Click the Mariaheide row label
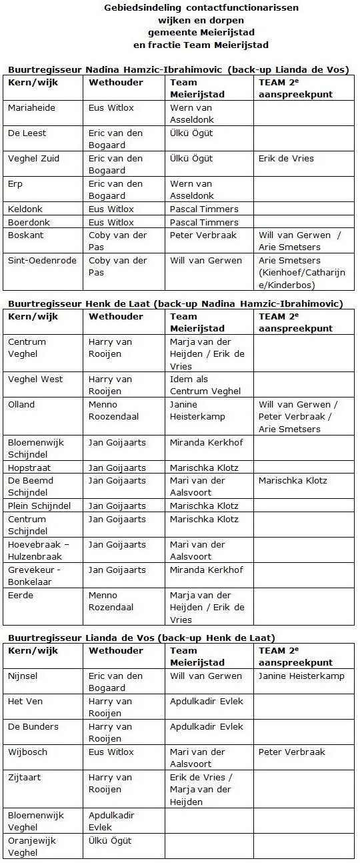point(31,108)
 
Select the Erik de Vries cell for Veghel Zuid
point(285,159)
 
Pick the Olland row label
point(21,405)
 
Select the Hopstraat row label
point(29,468)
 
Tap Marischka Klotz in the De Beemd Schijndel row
point(292,480)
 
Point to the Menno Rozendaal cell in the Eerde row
point(111,602)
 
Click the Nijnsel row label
point(24,676)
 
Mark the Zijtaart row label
point(25,778)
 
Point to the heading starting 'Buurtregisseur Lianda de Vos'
point(141,638)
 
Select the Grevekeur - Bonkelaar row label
point(35,576)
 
